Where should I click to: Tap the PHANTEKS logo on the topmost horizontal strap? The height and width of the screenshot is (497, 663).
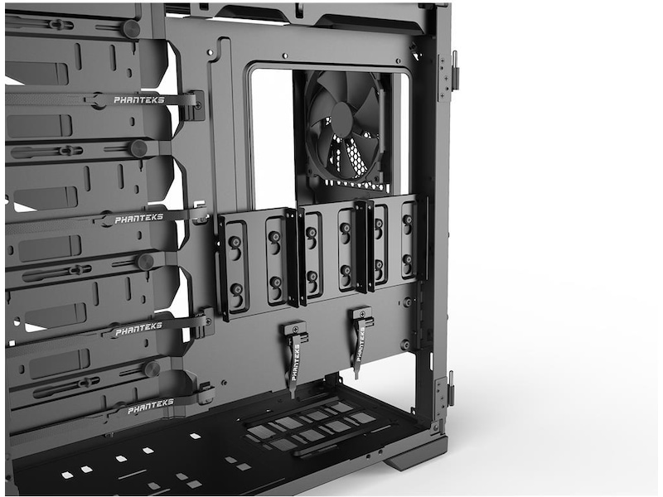pyautogui.click(x=138, y=100)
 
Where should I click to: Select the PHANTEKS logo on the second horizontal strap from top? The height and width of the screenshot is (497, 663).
pyautogui.click(x=138, y=218)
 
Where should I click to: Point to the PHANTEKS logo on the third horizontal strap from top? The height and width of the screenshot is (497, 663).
pyautogui.click(x=138, y=329)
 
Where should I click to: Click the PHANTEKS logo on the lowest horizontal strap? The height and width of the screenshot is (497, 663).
pyautogui.click(x=151, y=406)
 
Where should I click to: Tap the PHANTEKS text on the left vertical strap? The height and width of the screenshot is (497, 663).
pyautogui.click(x=296, y=362)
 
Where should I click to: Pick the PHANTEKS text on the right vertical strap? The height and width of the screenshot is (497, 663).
pyautogui.click(x=360, y=344)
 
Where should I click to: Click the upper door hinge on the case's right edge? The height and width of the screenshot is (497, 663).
pyautogui.click(x=448, y=76)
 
